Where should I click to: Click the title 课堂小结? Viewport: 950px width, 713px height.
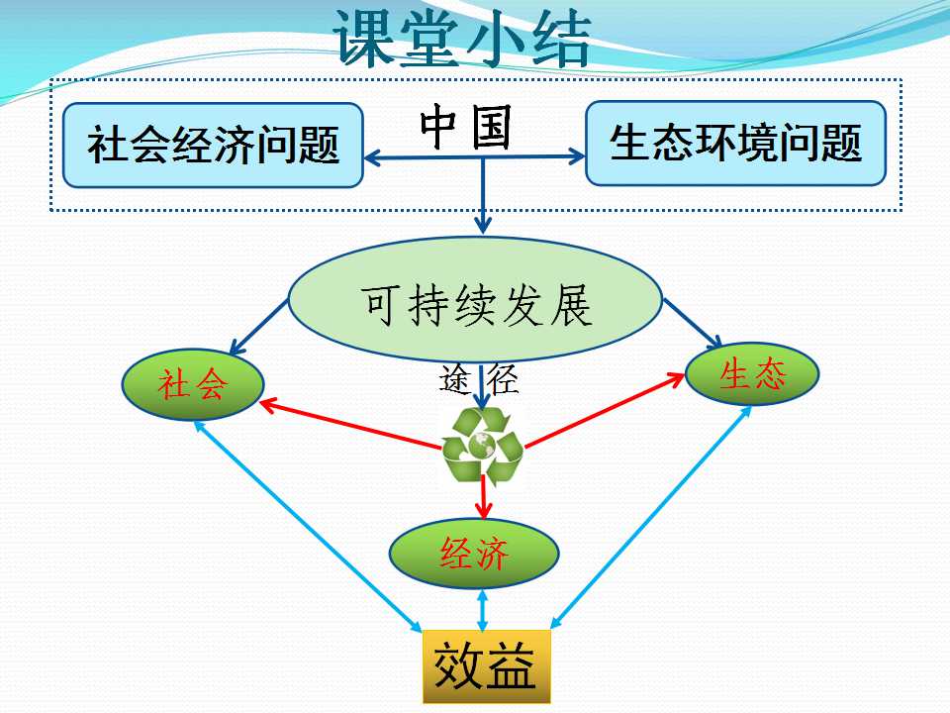point(462,38)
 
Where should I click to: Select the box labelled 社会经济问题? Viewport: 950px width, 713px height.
point(213,145)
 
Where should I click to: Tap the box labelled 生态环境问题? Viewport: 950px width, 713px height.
point(735,143)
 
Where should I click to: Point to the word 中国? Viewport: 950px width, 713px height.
point(465,128)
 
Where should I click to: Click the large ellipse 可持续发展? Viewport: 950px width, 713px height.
point(475,299)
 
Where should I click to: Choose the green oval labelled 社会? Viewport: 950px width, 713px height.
point(193,384)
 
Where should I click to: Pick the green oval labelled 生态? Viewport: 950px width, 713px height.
point(752,373)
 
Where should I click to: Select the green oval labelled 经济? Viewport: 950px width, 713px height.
point(474,554)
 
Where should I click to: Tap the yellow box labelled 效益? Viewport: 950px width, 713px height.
point(486,666)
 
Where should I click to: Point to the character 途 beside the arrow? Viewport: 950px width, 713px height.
point(455,379)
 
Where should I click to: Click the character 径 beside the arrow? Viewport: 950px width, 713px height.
point(503,379)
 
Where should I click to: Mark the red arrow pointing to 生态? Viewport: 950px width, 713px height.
point(605,410)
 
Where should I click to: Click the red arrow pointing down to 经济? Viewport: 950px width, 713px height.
point(483,497)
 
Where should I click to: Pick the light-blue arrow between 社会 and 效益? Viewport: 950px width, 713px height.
point(308,526)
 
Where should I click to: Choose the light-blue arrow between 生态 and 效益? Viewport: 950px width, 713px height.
point(651,517)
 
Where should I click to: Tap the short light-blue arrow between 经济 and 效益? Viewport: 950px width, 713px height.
point(482,610)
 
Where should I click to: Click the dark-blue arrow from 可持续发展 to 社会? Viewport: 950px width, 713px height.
point(258,328)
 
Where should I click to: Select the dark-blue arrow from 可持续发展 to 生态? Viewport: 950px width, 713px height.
point(693,324)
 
